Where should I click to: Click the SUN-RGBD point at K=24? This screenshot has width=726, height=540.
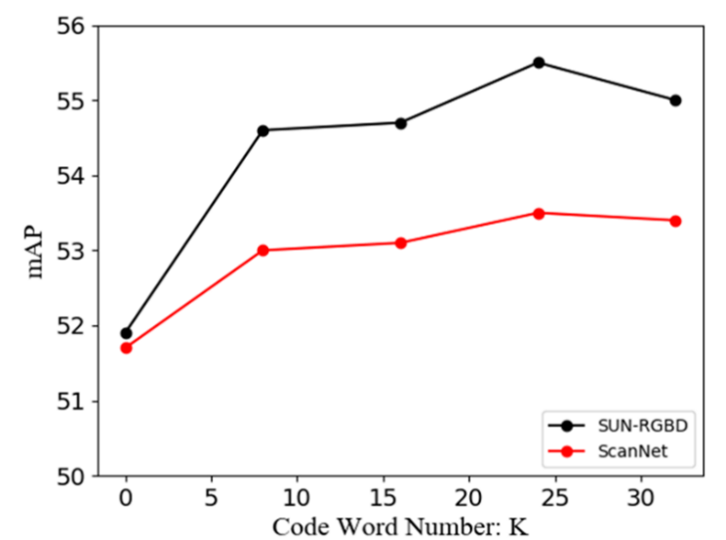[538, 62]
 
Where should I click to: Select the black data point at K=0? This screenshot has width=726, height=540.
[126, 333]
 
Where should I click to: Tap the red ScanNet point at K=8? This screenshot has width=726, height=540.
[263, 250]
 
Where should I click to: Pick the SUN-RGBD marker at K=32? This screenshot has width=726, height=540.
[675, 100]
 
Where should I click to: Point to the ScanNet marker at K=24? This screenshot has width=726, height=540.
[538, 213]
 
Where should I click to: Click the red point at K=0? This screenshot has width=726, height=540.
[126, 348]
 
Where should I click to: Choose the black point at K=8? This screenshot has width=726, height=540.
[263, 130]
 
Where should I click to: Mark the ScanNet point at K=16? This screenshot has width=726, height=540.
[401, 242]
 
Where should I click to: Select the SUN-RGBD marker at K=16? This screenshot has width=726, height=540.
[401, 122]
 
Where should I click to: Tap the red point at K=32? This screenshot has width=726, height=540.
[675, 221]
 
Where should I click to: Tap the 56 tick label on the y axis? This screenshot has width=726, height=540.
[74, 25]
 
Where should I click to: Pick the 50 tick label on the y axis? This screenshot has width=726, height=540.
[74, 476]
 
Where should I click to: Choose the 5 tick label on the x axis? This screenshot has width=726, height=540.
[212, 497]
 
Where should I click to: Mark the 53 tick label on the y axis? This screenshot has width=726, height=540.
[74, 251]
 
